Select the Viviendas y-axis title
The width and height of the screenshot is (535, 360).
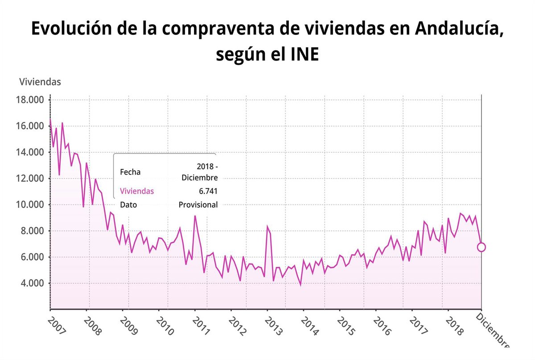[x=40, y=82]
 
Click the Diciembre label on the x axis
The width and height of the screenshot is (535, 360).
[x=492, y=330]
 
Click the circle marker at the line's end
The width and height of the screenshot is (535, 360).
[x=481, y=247]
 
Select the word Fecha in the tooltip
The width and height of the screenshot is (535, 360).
[x=130, y=172]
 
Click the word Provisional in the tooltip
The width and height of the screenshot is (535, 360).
[x=198, y=205]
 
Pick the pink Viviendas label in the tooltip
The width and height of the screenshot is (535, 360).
[x=137, y=191]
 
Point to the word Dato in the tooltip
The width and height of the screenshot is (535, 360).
[x=128, y=205]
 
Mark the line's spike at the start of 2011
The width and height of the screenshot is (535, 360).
[x=195, y=216]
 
